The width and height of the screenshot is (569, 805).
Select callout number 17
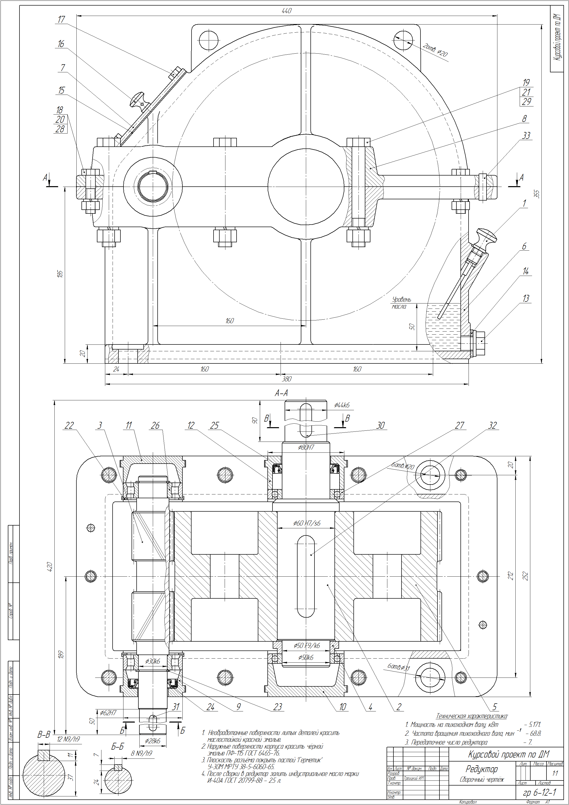pyautogui.click(x=61, y=20)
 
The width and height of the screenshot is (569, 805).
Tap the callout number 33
pyautogui.click(x=526, y=136)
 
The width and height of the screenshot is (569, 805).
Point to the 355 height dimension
pyautogui.click(x=537, y=194)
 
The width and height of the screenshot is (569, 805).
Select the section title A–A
pyautogui.click(x=281, y=393)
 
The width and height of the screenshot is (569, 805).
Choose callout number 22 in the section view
pyautogui.click(x=69, y=425)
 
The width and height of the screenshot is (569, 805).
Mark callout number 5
pyautogui.click(x=495, y=707)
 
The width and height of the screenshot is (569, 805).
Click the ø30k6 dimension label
pyautogui.click(x=153, y=661)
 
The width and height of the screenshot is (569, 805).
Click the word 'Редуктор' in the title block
pyautogui.click(x=482, y=769)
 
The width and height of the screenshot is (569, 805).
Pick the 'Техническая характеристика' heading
pyautogui.click(x=472, y=716)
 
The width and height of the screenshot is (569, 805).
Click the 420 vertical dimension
pyautogui.click(x=50, y=567)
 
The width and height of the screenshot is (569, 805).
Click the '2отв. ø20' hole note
pyautogui.click(x=435, y=50)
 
